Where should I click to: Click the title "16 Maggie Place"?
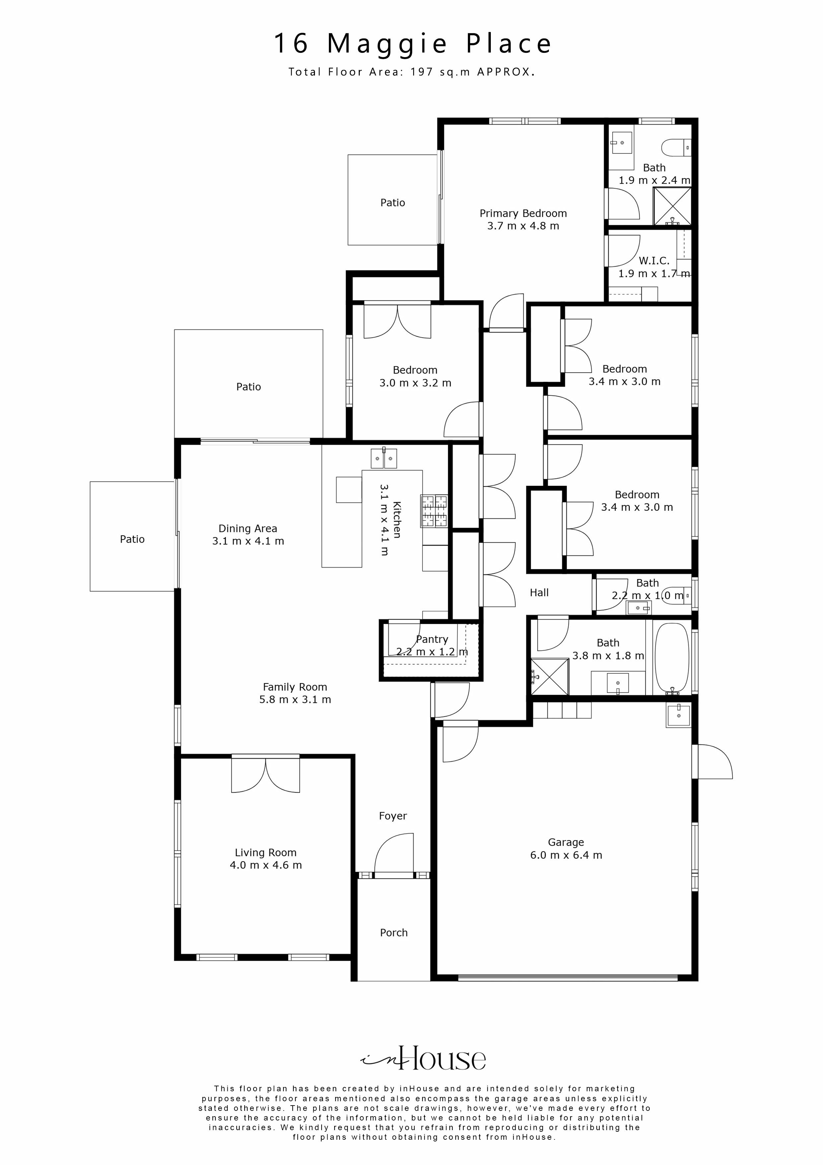(412, 43)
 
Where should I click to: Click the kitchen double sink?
(384, 458)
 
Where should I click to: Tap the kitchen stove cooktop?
(434, 511)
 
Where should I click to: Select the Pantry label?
(432, 639)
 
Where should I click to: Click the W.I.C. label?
(654, 261)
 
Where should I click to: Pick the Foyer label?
(393, 816)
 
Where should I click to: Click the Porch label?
(394, 933)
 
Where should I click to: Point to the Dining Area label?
(248, 529)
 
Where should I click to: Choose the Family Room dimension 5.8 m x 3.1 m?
(295, 700)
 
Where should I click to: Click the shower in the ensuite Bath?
(672, 206)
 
